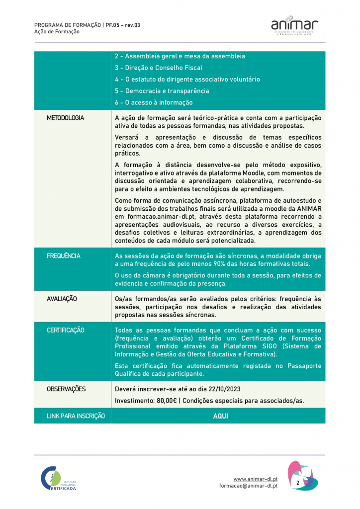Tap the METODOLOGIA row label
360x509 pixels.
coord(66,118)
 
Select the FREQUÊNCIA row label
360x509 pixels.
coord(64,256)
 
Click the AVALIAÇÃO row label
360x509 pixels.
coord(62,299)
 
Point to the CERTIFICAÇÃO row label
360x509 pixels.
coord(66,331)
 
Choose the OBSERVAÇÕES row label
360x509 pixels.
coord(66,389)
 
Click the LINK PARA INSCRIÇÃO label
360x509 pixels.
coord(76,416)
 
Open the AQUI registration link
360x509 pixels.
coord(220,416)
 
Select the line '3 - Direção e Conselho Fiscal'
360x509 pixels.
coord(158,68)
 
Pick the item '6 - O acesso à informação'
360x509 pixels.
coord(153,103)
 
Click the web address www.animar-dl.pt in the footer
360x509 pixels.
coord(256,479)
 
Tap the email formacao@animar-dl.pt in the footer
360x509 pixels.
coord(248,486)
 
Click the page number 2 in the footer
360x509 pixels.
coord(298,483)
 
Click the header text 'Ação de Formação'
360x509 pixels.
coord(57,31)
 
